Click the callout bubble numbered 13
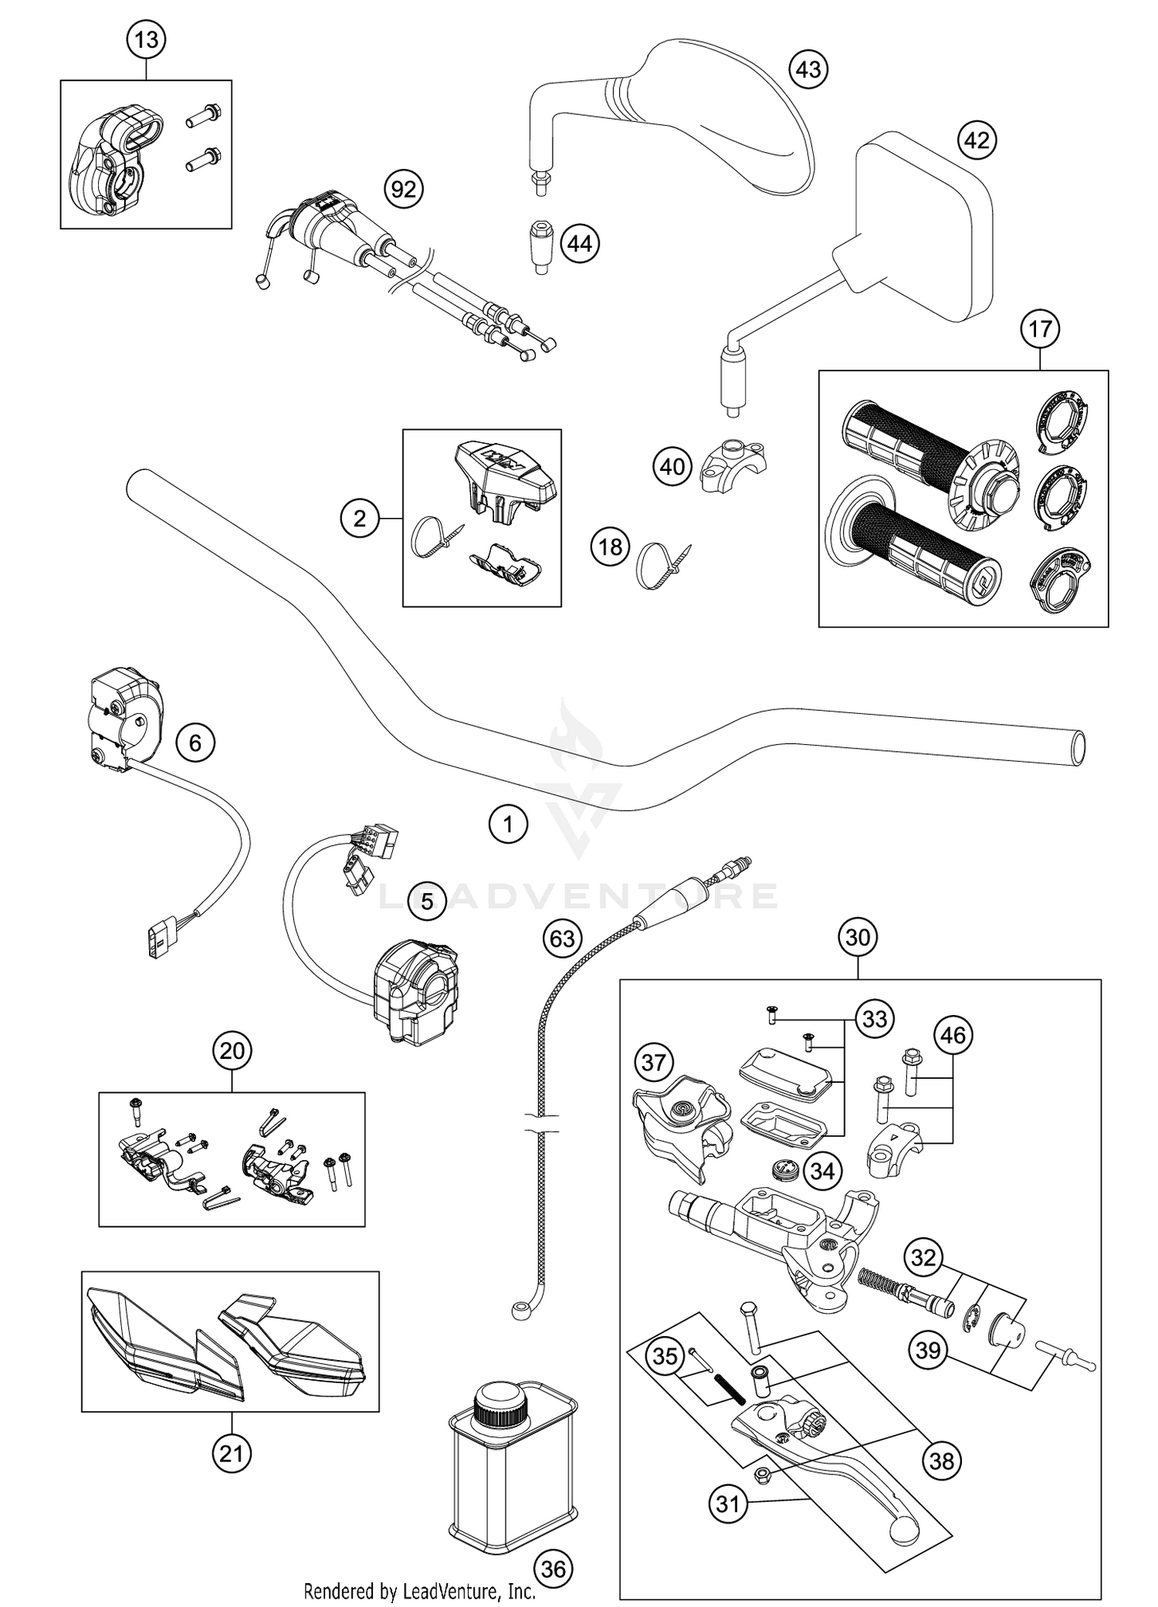(146, 39)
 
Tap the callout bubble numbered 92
(404, 189)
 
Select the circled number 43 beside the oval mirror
(808, 69)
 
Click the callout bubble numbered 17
(1040, 329)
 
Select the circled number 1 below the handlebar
(508, 824)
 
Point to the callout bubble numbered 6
(195, 743)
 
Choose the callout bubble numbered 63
(563, 938)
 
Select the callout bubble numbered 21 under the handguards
(232, 1454)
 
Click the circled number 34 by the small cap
(822, 1171)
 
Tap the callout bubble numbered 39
(929, 1350)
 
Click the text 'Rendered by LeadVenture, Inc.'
(419, 1590)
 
